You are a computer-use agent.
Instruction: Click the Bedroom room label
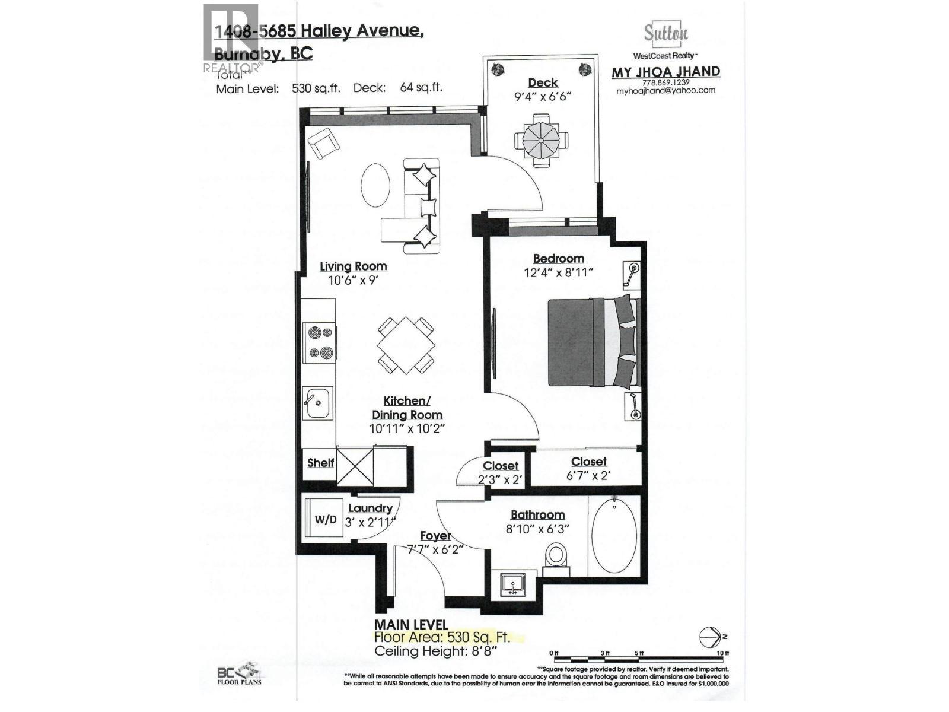(558, 259)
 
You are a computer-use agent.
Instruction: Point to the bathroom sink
(512, 584)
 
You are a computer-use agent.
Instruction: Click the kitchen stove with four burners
(319, 343)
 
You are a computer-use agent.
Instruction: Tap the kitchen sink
(317, 403)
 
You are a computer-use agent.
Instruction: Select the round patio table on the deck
(542, 140)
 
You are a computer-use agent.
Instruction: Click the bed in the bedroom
(592, 342)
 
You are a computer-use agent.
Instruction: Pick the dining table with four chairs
(406, 345)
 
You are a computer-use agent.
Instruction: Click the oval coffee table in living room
(375, 185)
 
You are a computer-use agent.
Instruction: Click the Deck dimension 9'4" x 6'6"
(543, 96)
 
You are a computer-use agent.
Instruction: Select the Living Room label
(354, 266)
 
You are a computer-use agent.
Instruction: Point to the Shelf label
(320, 463)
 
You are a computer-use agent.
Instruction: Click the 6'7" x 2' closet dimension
(588, 475)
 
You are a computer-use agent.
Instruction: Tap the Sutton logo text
(665, 34)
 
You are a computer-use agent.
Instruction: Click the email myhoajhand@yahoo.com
(665, 91)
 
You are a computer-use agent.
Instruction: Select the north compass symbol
(710, 637)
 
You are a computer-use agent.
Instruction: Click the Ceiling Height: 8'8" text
(435, 651)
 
